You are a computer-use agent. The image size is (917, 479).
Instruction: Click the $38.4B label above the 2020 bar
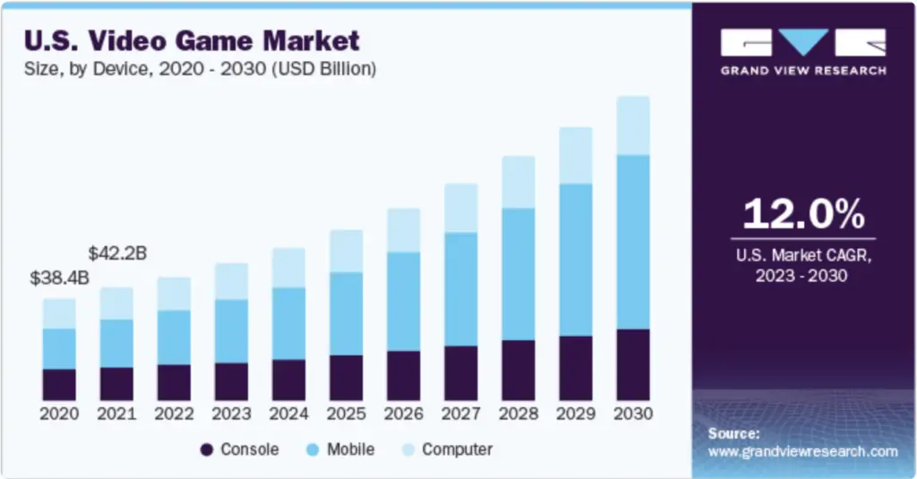click(60, 278)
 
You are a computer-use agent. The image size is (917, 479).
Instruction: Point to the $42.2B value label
click(117, 253)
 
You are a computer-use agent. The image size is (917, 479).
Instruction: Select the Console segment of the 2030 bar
click(633, 364)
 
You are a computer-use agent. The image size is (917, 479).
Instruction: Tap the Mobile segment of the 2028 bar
click(518, 274)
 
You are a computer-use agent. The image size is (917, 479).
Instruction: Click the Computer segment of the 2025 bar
click(346, 251)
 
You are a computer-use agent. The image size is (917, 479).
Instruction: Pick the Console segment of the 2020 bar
click(59, 384)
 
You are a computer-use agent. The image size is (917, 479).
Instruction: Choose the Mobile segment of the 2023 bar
click(231, 330)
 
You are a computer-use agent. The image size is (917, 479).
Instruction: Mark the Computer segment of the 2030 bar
click(633, 125)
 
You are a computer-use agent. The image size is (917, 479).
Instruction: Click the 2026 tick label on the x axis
click(403, 415)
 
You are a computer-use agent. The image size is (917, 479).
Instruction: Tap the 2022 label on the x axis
click(174, 415)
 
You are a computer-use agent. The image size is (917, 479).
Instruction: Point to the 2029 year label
click(576, 415)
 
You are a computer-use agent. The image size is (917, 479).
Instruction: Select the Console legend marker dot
click(206, 449)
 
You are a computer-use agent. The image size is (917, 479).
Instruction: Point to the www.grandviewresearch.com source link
click(802, 451)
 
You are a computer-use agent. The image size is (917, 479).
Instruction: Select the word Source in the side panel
click(733, 433)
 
